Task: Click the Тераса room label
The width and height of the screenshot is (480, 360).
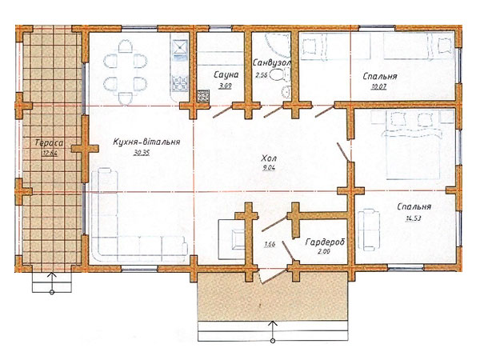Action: (50, 143)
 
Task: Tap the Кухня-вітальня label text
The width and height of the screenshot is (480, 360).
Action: (146, 142)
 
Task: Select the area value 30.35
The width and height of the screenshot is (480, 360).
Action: (142, 153)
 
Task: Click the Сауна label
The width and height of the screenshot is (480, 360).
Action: (226, 74)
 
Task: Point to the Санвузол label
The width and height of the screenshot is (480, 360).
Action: (271, 62)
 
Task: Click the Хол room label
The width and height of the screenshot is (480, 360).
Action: (269, 158)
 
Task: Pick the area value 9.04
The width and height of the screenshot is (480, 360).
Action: (269, 167)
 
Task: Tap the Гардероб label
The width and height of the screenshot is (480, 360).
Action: (325, 242)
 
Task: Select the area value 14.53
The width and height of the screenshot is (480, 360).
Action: (414, 218)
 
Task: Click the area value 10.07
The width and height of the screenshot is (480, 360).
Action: (379, 86)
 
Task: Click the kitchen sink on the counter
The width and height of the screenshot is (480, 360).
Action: (180, 50)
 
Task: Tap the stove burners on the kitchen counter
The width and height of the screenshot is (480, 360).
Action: (180, 83)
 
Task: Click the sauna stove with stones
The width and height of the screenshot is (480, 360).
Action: (203, 96)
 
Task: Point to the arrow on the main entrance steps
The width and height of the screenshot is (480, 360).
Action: (273, 331)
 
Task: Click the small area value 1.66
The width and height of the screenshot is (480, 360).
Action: (270, 244)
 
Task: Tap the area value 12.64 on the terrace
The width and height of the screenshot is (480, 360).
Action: (50, 154)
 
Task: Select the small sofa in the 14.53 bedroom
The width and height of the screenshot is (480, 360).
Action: (370, 230)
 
